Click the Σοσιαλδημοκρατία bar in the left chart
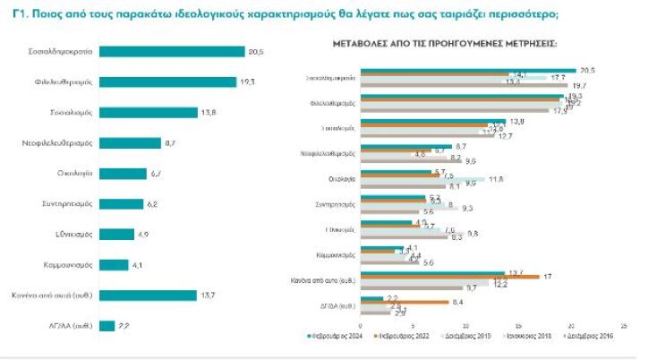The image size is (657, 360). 172,51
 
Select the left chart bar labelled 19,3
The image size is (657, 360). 167,81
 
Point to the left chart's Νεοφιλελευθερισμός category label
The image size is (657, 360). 59,142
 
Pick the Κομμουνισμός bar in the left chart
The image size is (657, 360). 114,265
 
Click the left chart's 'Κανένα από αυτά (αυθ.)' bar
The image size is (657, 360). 148,296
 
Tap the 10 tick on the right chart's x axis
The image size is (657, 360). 465,327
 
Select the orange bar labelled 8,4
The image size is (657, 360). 403,303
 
